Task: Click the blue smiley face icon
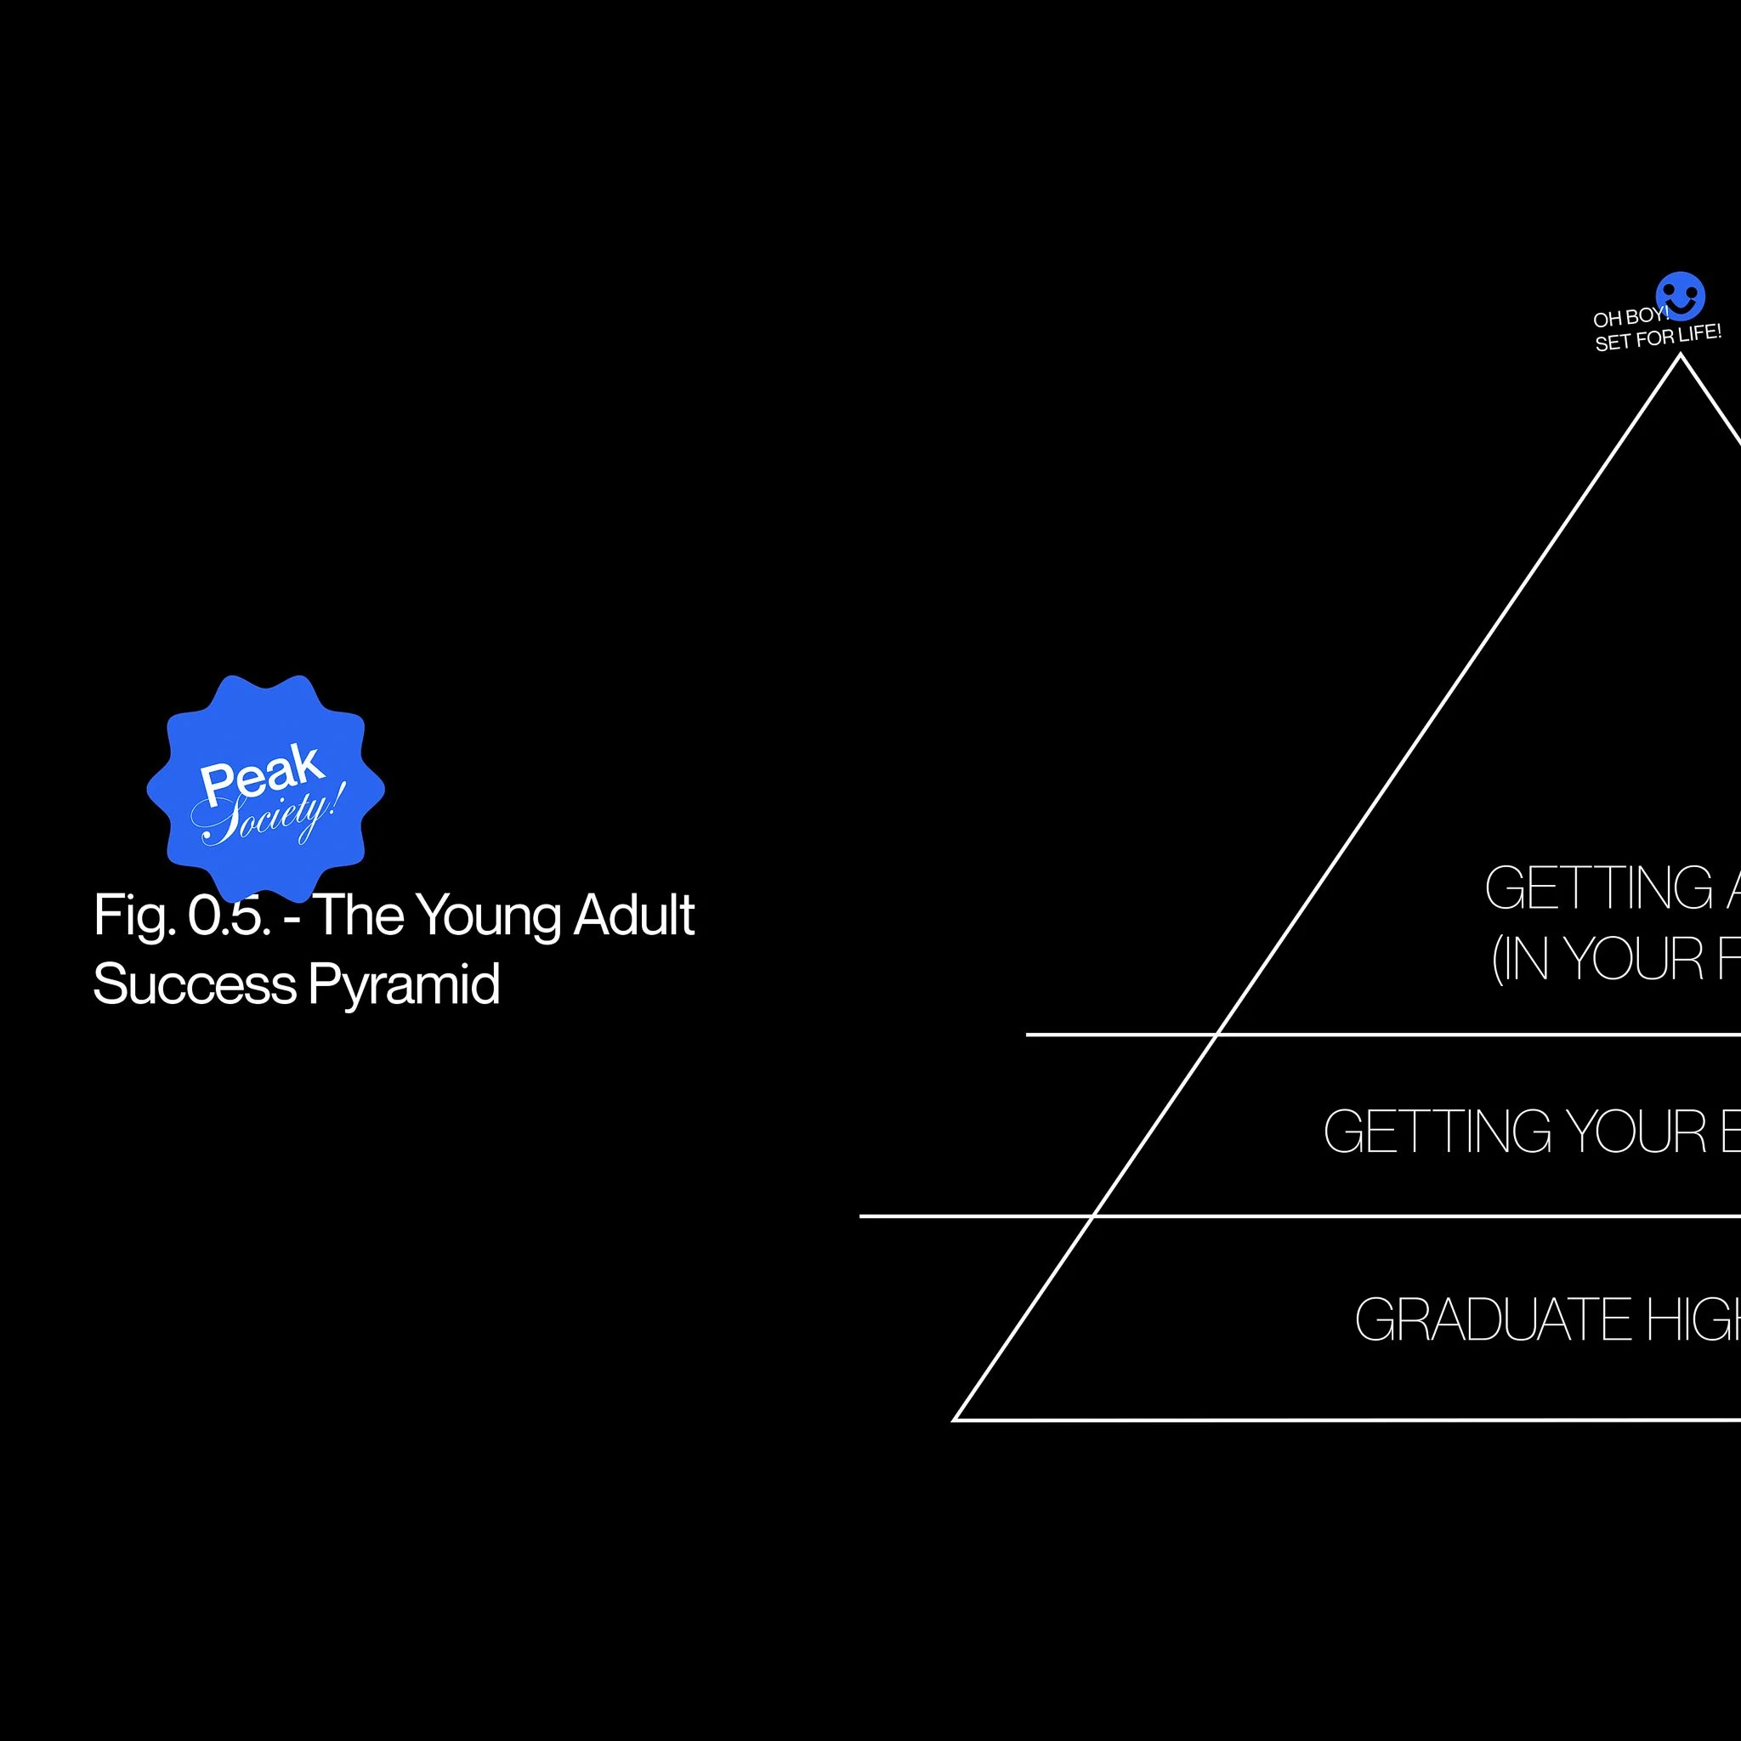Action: pos(1680,297)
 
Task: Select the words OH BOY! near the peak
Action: pos(1630,317)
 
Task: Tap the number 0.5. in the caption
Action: pos(229,916)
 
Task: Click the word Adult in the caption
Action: pos(633,915)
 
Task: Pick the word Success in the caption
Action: pos(195,984)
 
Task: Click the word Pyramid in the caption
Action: pos(404,985)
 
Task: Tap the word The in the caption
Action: pos(358,915)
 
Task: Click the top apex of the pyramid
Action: pos(1680,357)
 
